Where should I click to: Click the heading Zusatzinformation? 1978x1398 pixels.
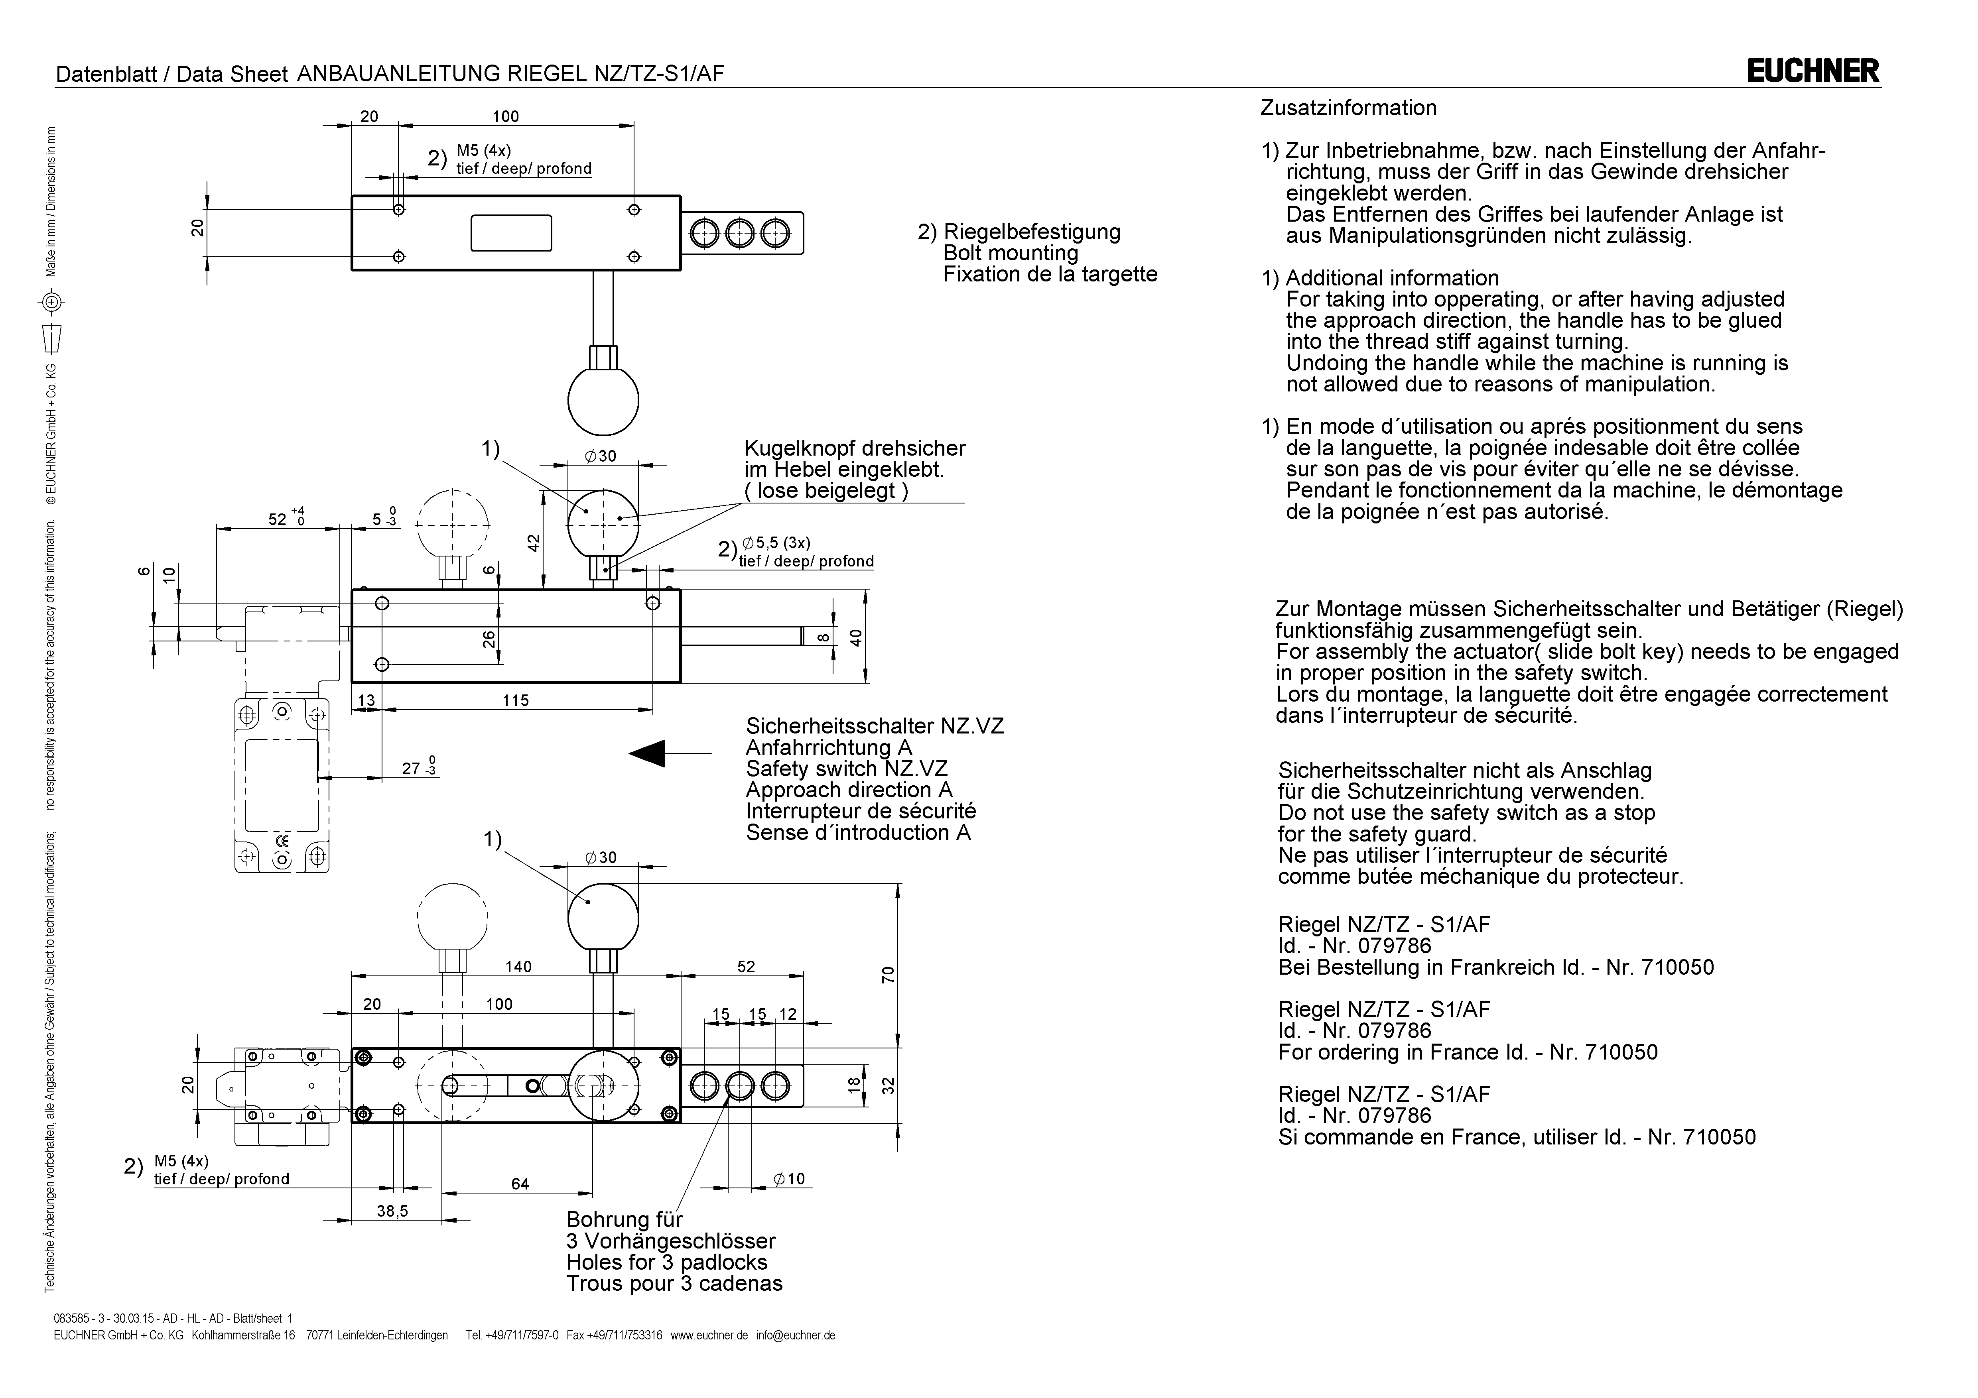(x=1348, y=108)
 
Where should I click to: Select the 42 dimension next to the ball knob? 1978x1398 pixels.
(x=534, y=543)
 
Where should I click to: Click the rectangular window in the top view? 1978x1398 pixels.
(x=511, y=232)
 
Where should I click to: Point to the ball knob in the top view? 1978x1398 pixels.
(x=603, y=401)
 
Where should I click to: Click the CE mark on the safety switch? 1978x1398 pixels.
(x=282, y=842)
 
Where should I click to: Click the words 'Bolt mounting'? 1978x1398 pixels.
(x=1011, y=253)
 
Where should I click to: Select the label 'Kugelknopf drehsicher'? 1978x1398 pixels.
(x=855, y=449)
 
